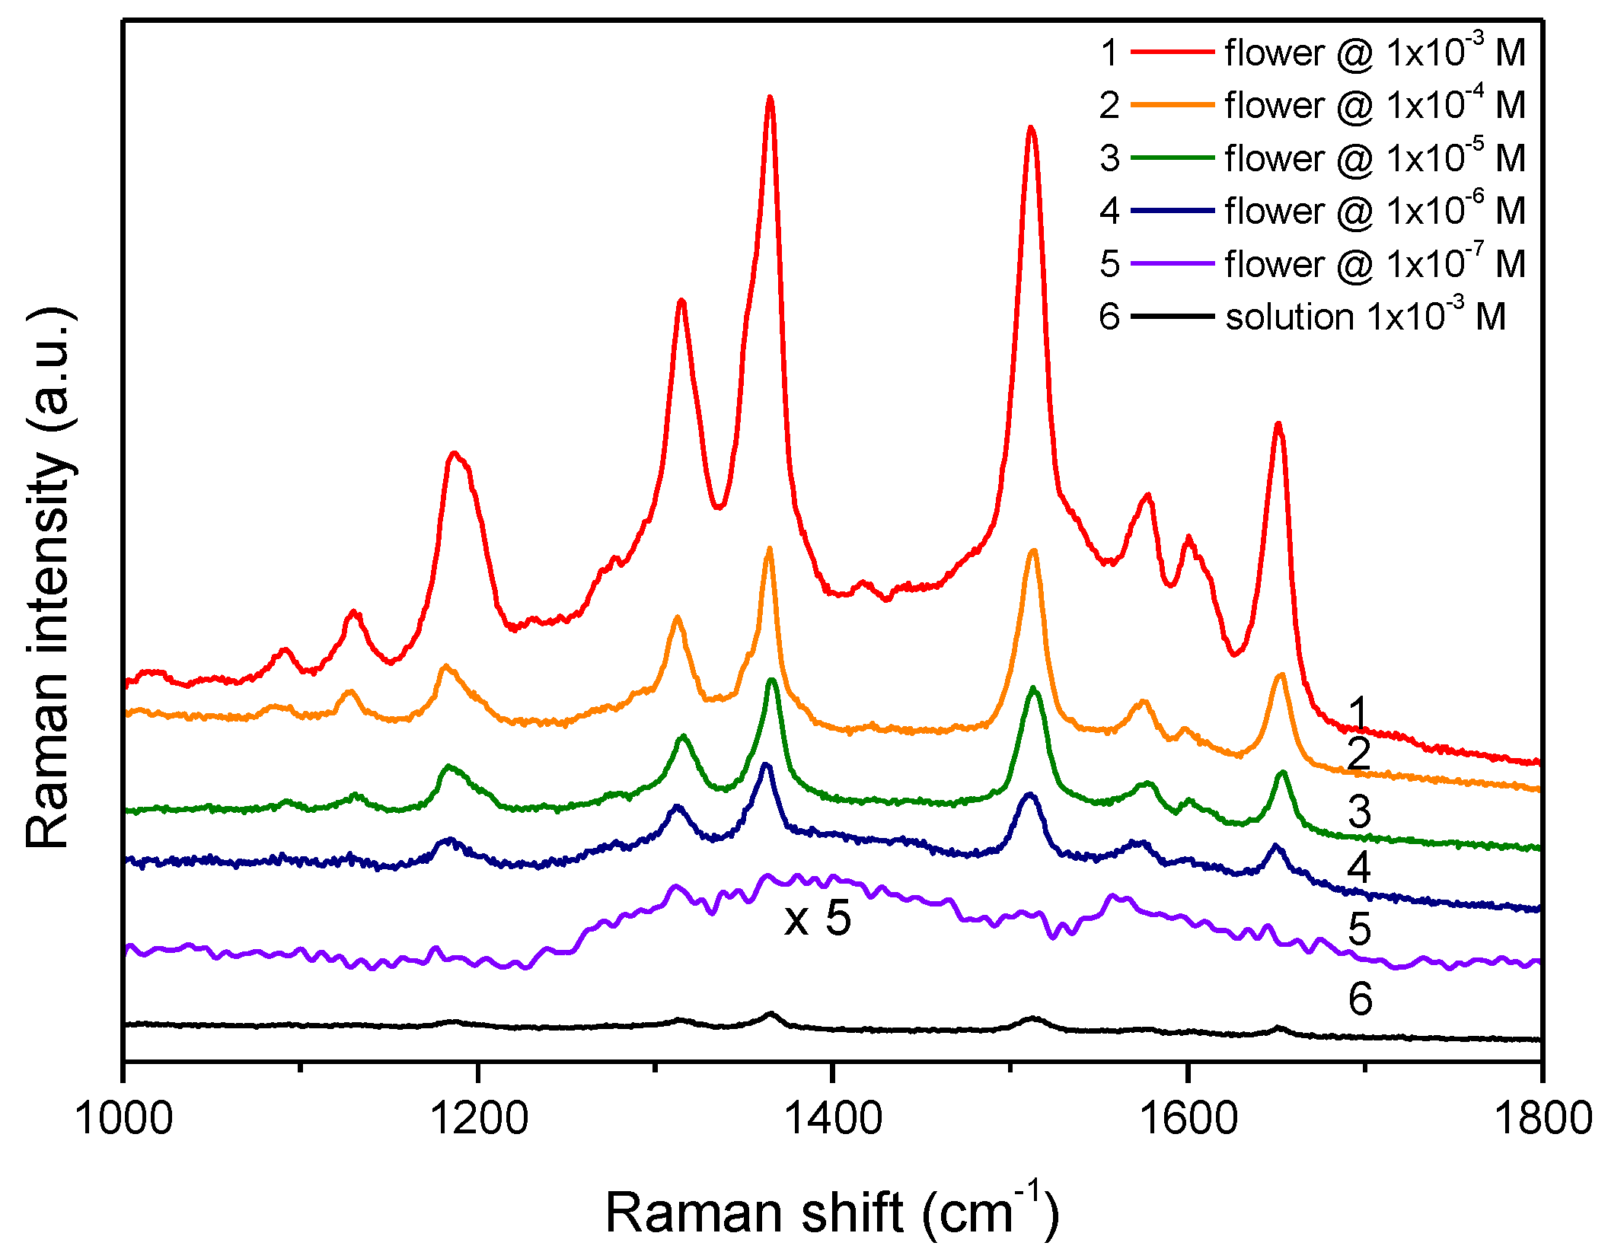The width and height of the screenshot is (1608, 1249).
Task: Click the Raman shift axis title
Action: (x=831, y=1212)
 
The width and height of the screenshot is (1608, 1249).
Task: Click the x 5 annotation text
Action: (x=818, y=919)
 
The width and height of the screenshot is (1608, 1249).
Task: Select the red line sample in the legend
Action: (x=1172, y=53)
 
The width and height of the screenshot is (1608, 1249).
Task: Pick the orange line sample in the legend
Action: (x=1172, y=105)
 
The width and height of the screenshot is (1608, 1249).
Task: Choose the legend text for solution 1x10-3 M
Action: (x=1365, y=317)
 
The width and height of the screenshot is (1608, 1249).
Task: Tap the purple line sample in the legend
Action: (x=1172, y=264)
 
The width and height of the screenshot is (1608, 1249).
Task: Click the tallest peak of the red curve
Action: (x=770, y=97)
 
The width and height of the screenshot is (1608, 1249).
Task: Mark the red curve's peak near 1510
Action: (x=1031, y=128)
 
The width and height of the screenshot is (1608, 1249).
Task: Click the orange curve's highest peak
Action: (x=769, y=549)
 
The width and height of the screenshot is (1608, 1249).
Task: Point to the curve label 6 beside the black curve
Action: (x=1360, y=999)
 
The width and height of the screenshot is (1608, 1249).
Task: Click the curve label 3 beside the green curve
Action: (x=1360, y=811)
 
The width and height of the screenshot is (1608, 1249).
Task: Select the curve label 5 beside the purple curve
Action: (x=1360, y=929)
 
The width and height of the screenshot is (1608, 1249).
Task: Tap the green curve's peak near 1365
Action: (x=772, y=680)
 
